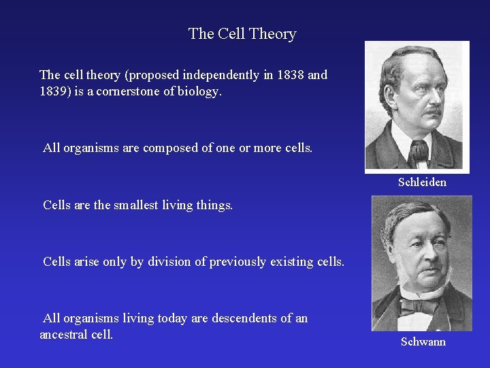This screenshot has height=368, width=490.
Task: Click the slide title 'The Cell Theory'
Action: point(242,34)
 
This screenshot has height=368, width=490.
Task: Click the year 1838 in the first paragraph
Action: point(291,75)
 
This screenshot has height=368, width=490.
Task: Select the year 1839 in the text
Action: point(53,90)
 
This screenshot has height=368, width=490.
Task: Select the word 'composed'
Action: point(169,148)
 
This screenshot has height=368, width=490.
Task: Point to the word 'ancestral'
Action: point(65,334)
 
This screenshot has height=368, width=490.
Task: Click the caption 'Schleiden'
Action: point(422,182)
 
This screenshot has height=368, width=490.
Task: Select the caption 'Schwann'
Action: point(423,341)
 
